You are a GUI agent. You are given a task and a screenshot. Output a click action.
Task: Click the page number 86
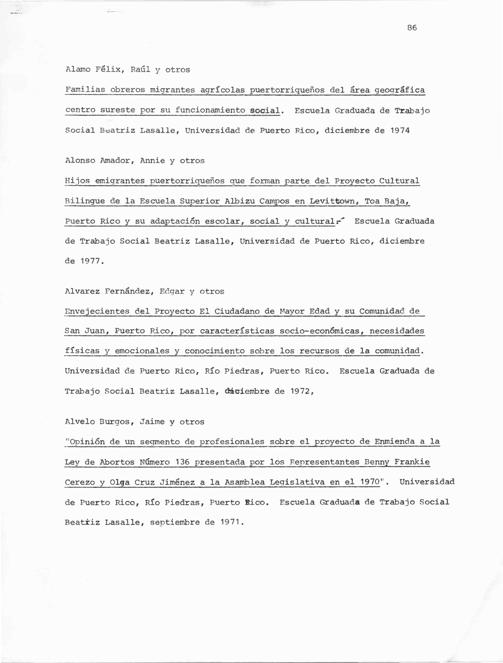[412, 28]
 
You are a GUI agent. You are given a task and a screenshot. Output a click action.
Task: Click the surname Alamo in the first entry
[78, 70]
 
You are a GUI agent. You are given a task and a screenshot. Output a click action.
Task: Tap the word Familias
[85, 90]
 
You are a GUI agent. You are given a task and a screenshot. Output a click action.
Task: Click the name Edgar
[172, 291]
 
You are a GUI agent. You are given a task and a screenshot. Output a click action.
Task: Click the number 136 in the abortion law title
[182, 462]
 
